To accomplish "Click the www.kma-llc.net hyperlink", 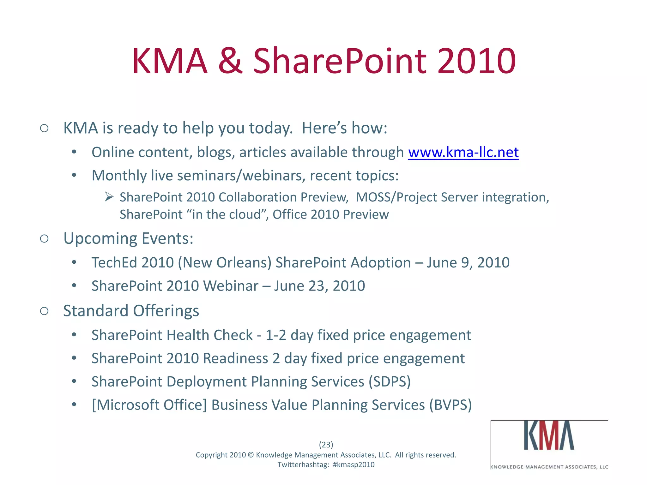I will [463, 153].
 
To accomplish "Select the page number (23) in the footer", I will [326, 445].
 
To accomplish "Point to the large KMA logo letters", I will [549, 436].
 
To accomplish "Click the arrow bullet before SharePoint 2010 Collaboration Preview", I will [109, 197].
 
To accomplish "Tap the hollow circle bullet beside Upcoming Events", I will [44, 239].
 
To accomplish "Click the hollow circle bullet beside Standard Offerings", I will [44, 311].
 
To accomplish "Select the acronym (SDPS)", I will [390, 382].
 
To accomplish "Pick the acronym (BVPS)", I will [450, 405].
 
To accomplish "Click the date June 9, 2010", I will [468, 263].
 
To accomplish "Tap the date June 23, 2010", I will [319, 286].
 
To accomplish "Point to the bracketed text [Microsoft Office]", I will [149, 405].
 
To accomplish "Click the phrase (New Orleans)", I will [225, 263].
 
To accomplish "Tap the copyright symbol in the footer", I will [251, 455].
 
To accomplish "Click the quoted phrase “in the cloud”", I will [227, 215].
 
